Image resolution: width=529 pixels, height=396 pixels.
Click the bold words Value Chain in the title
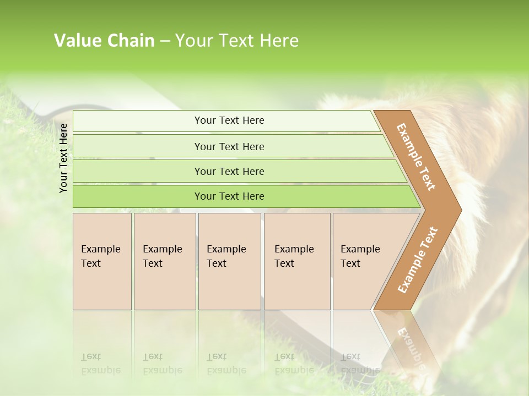coord(104,41)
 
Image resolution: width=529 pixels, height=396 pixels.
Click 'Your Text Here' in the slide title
coord(237,41)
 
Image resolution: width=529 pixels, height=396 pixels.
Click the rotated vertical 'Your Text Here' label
coord(63,158)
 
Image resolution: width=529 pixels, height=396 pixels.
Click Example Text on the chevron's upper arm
coord(416,157)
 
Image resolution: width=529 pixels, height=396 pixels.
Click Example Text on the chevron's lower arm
coord(417,260)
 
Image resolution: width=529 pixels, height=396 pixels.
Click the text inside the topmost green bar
coord(229,120)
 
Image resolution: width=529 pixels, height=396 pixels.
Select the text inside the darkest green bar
coord(229,196)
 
